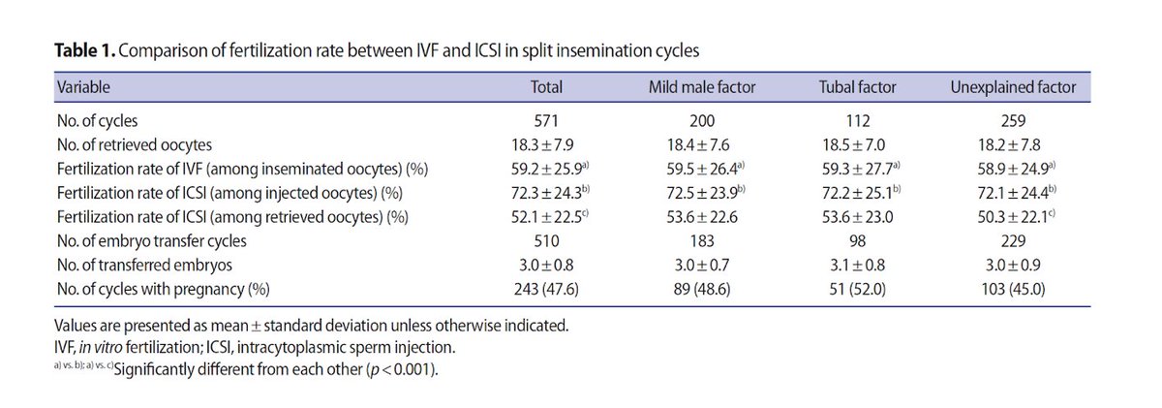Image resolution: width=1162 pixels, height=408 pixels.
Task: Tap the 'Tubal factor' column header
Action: click(857, 87)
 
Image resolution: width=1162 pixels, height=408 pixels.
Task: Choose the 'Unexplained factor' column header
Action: click(1014, 87)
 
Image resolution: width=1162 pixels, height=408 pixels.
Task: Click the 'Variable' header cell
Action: click(83, 87)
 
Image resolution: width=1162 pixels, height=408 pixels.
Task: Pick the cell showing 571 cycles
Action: click(547, 122)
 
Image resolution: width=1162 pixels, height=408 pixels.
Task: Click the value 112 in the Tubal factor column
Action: click(857, 122)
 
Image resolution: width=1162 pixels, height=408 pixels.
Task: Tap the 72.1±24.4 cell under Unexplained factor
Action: click(1012, 193)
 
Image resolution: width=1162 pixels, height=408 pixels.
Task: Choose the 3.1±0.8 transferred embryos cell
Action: click(857, 263)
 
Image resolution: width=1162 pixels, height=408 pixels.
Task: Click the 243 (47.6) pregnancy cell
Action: click(547, 286)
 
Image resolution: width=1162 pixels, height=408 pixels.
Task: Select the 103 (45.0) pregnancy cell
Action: click(1014, 286)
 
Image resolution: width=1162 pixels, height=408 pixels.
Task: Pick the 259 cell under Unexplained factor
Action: click(1014, 122)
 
